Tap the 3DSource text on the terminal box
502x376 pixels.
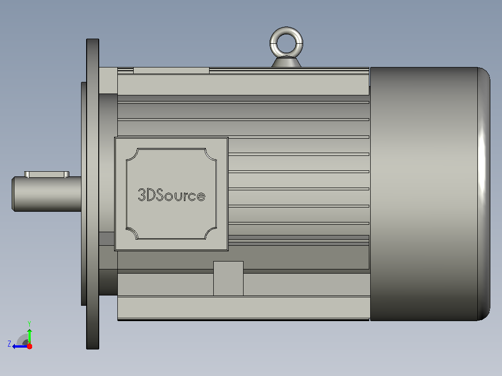171,195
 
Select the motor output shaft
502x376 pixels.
47,194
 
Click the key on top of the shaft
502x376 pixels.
47,174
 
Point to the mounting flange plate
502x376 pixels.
93,194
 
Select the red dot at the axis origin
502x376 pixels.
29,346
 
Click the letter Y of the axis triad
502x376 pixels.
29,323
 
